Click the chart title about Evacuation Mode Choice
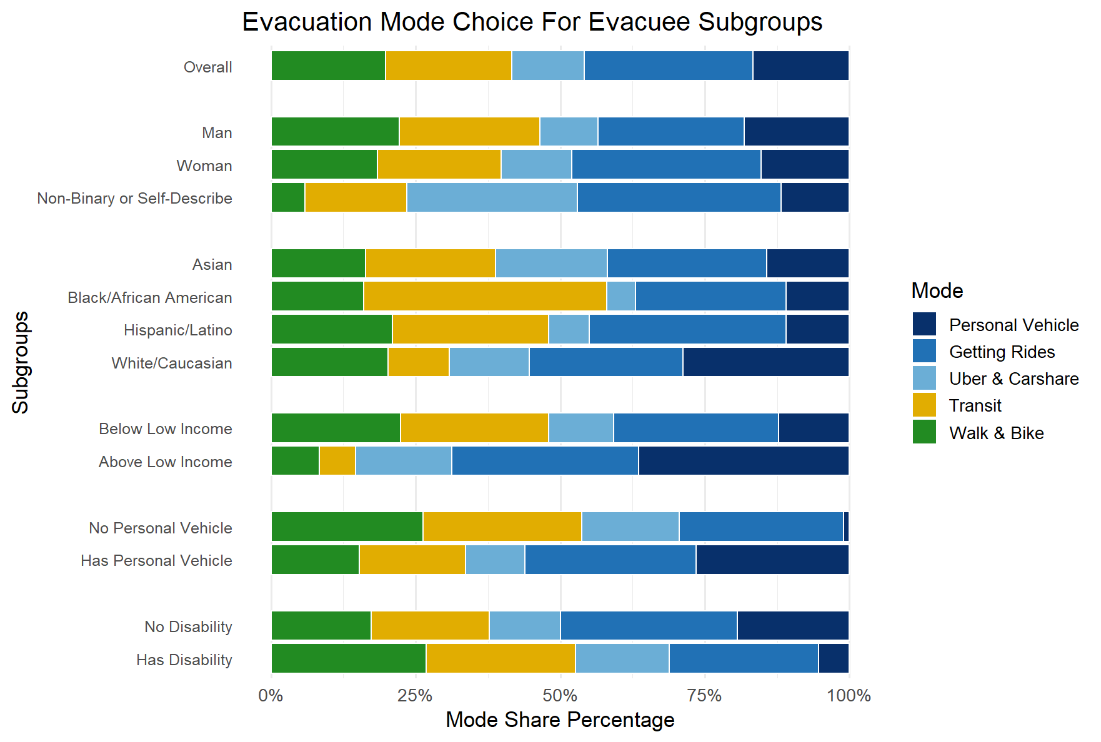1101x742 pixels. point(532,22)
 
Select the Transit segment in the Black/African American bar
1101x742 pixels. point(485,296)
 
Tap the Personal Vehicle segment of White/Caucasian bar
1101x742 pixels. point(765,362)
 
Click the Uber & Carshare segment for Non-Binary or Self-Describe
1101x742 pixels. point(492,197)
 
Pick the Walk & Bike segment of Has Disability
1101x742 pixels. point(349,658)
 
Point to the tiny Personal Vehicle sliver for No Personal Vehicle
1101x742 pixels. point(846,527)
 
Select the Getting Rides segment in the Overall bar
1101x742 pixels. point(668,66)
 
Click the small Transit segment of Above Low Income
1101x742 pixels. point(337,461)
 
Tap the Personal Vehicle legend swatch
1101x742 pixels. point(924,325)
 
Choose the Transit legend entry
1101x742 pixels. point(975,406)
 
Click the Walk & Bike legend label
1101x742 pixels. point(996,433)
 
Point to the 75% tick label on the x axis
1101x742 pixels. point(705,695)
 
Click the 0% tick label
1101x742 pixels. point(271,695)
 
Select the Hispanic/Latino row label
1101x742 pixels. point(178,330)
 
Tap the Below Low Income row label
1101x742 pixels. point(166,428)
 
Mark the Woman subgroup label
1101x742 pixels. point(204,166)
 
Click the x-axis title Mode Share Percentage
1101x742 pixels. point(560,720)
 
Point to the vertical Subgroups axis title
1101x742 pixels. point(21,362)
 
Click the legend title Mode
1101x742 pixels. point(937,290)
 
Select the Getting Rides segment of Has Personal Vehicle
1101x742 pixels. point(610,560)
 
